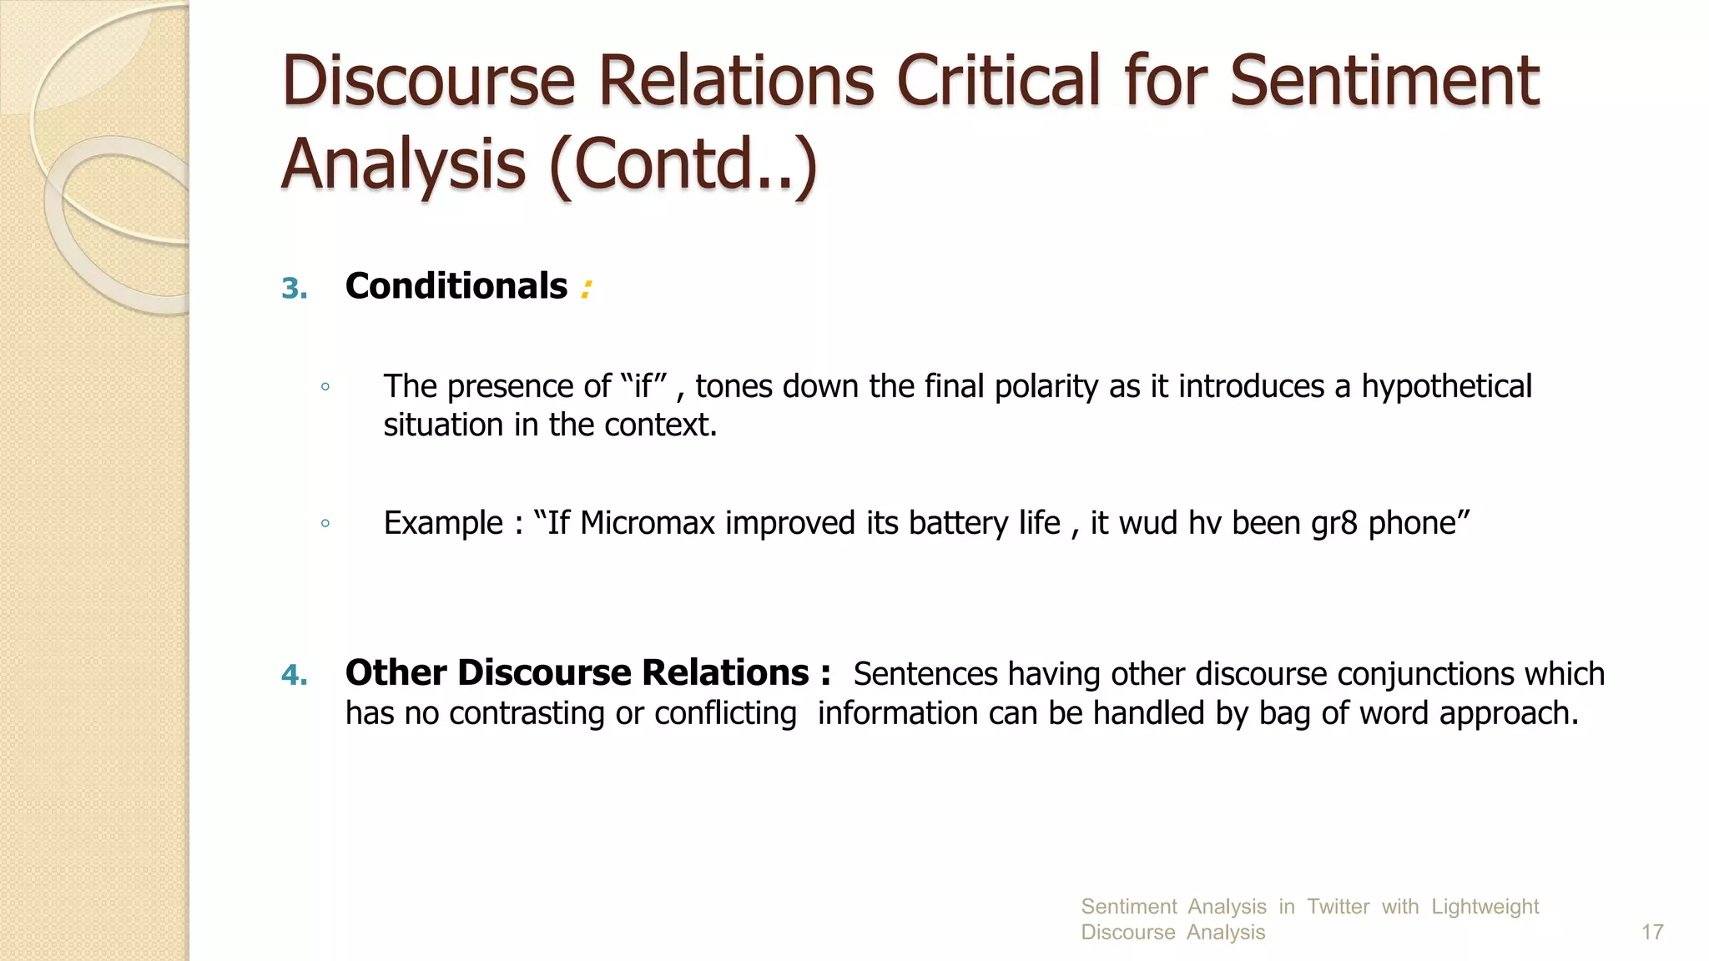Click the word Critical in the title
point(999,81)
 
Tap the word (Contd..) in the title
point(683,164)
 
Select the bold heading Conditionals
point(456,286)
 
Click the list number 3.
point(294,289)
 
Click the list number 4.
point(294,675)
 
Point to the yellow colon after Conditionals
point(586,289)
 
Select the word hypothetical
point(1446,386)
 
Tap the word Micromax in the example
point(648,523)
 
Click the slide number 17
point(1652,932)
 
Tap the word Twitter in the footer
point(1338,906)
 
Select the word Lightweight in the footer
point(1485,906)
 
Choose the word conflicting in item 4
point(725,713)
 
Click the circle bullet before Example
point(325,524)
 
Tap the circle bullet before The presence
point(325,387)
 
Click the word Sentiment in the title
point(1384,81)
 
